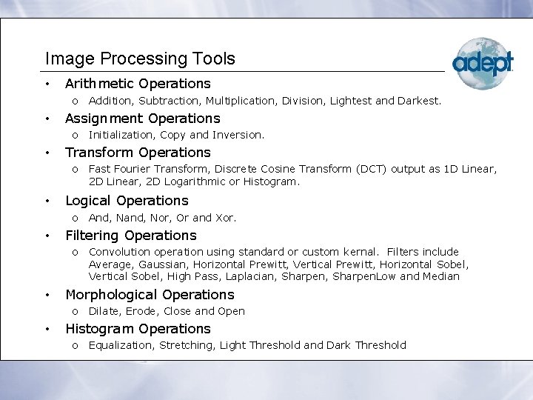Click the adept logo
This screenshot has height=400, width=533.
482,63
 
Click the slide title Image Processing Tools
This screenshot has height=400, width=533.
140,59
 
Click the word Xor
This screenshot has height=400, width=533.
224,218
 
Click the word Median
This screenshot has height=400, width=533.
443,276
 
